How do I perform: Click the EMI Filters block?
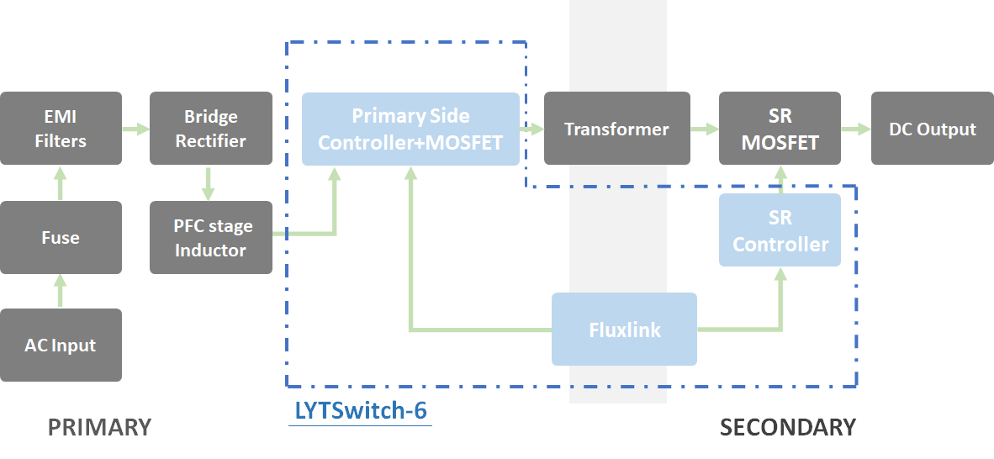[61, 129]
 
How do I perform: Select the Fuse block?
[61, 237]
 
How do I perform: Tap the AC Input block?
[61, 345]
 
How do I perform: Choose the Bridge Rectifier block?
[210, 129]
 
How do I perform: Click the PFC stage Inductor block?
[210, 237]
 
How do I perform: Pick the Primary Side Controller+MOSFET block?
[410, 129]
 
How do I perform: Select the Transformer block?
[616, 129]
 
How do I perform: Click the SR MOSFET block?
[780, 129]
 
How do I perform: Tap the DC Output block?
[932, 129]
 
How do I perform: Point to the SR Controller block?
[780, 230]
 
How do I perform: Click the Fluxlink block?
[624, 330]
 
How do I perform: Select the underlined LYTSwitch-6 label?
[360, 411]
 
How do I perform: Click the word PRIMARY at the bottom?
[99, 427]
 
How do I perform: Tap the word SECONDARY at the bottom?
[787, 427]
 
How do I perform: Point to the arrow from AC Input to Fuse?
[61, 291]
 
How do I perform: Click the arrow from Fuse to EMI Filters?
[61, 182]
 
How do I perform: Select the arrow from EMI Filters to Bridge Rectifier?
[135, 129]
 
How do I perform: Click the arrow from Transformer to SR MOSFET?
[705, 129]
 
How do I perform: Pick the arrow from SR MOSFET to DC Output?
[856, 129]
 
